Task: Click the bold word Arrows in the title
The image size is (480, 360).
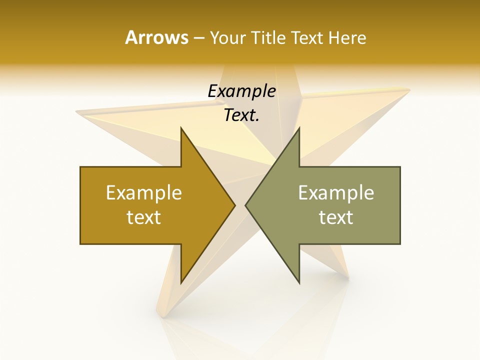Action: [156, 37]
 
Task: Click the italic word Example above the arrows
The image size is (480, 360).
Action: [241, 91]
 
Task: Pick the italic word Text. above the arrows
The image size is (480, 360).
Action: [241, 115]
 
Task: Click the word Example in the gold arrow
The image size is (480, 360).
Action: [144, 192]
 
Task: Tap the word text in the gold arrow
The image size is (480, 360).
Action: [144, 217]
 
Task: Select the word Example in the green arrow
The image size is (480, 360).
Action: [336, 192]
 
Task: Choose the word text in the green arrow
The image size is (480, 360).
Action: [336, 217]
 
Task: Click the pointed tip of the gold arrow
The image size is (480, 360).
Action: [234, 205]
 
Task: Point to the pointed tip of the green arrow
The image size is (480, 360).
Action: [246, 205]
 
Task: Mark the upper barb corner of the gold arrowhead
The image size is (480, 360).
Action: [181, 128]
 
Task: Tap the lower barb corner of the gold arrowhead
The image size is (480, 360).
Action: [181, 282]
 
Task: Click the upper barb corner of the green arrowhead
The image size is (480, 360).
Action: [299, 128]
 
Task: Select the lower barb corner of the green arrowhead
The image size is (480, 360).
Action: [299, 282]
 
